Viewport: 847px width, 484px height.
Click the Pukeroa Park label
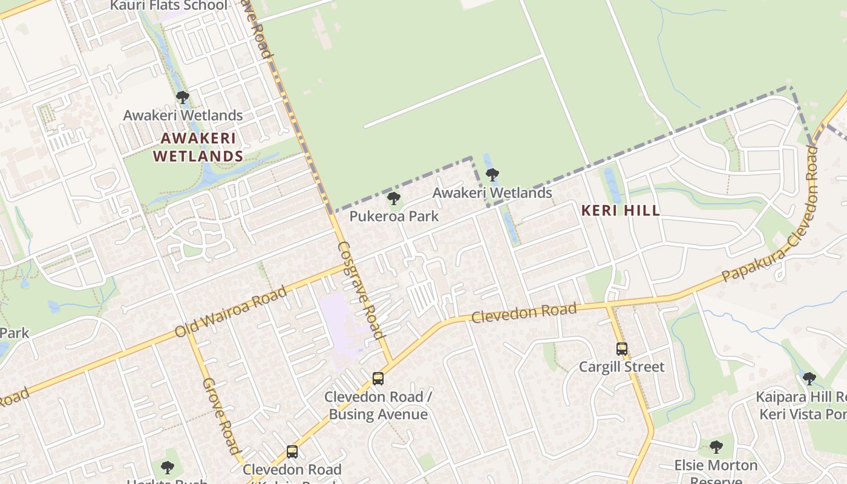[394, 216]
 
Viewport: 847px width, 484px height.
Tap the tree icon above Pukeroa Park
[394, 198]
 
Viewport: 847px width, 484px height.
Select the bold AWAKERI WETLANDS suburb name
[198, 147]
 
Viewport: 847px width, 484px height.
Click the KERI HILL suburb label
[620, 211]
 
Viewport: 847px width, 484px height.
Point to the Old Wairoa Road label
[231, 312]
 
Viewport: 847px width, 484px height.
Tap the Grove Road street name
[221, 416]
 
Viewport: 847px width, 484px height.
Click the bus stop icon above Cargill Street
[621, 349]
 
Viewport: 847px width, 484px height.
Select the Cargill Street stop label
[621, 367]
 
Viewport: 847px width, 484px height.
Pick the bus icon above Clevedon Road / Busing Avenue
[378, 379]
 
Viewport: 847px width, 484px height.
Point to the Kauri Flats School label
[169, 5]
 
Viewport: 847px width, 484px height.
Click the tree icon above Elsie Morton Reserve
[716, 447]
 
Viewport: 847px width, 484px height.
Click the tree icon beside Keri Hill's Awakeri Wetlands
[492, 175]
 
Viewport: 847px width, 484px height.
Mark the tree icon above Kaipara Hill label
[809, 379]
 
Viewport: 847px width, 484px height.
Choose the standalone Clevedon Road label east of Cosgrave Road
[524, 313]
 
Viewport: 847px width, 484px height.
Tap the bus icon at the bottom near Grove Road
[292, 452]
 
